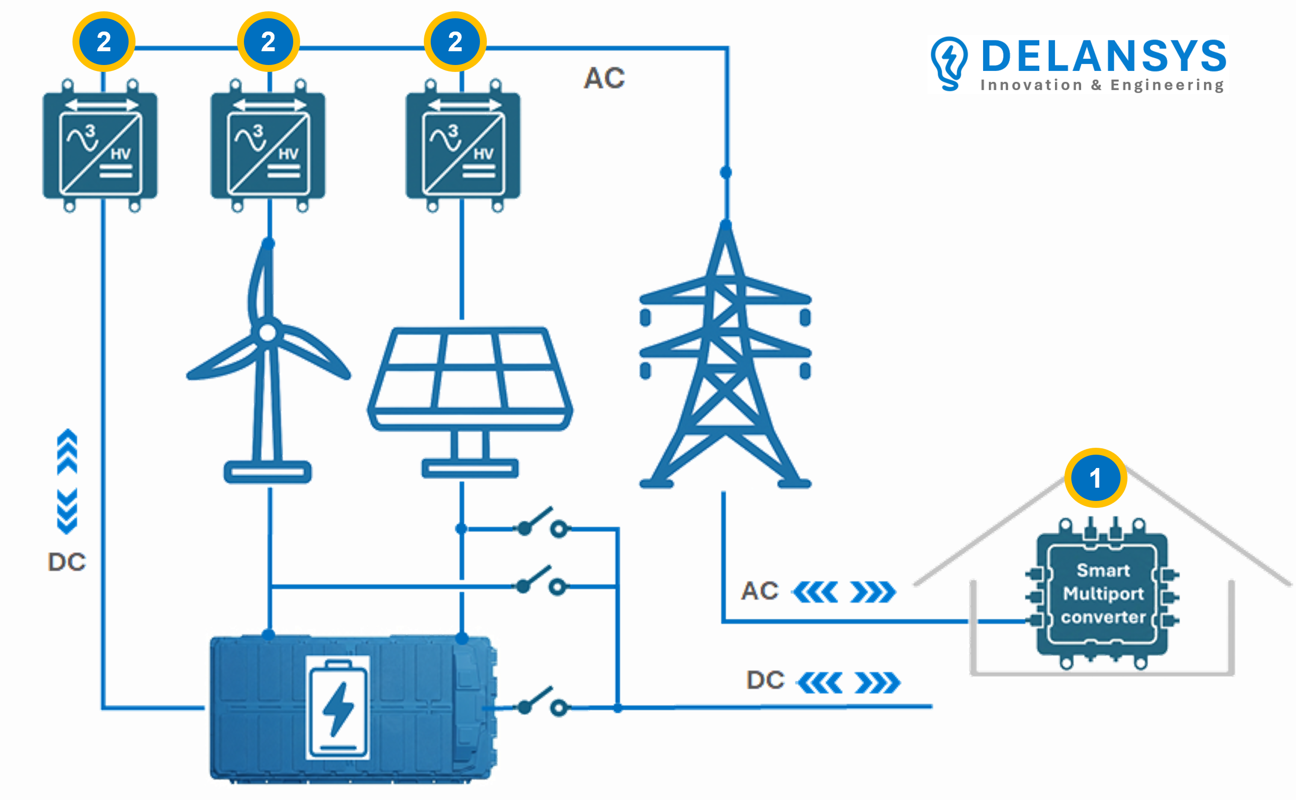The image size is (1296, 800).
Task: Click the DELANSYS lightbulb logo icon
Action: coord(949,63)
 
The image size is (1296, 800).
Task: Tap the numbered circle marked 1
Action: coord(1095,478)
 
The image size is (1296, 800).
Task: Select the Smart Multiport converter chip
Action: coord(1102,594)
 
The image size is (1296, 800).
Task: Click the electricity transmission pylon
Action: coord(725,360)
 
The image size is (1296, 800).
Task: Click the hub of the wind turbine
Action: coord(268,333)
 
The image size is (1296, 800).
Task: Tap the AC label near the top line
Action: coord(604,78)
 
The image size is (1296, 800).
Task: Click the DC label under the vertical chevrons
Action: coord(67,562)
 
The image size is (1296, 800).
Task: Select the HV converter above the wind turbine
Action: coord(268,145)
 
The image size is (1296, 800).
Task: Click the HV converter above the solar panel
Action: coord(463,145)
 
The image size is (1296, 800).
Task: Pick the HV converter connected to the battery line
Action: coord(100,145)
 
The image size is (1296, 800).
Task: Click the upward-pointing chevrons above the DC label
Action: coord(67,451)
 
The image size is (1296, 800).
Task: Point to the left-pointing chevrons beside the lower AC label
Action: coord(815,592)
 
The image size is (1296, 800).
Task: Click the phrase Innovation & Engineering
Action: coord(1102,85)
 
